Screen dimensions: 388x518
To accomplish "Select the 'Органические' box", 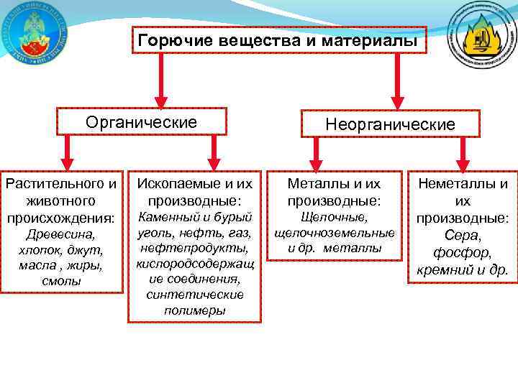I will click(142, 122).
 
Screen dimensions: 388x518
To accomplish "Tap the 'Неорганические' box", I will click(390, 124).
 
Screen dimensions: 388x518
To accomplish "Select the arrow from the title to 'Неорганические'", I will click(396, 84).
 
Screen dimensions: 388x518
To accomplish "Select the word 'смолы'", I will click(60, 282).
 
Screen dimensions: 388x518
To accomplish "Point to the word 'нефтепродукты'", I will click(195, 248).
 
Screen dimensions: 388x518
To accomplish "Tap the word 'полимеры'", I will click(195, 311).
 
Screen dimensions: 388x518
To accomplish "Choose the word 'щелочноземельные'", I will click(334, 233).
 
